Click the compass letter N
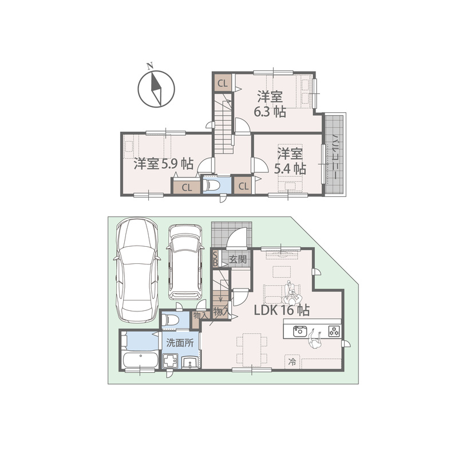tap(150, 66)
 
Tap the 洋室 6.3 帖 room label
tap(270, 104)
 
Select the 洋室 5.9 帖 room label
tap(164, 164)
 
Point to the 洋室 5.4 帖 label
tap(290, 161)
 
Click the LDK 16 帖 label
tap(282, 310)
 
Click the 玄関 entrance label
tap(238, 259)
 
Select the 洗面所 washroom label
tap(180, 342)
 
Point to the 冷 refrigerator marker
tap(292, 362)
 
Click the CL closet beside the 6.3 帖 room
tap(223, 84)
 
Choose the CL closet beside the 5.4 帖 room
tap(243, 185)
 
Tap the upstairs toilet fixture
tap(212, 184)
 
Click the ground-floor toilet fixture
tap(170, 320)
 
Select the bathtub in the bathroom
tap(140, 360)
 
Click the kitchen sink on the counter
tap(299, 331)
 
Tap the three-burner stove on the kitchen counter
tap(334, 331)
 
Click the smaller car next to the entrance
tap(185, 262)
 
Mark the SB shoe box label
tap(215, 259)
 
